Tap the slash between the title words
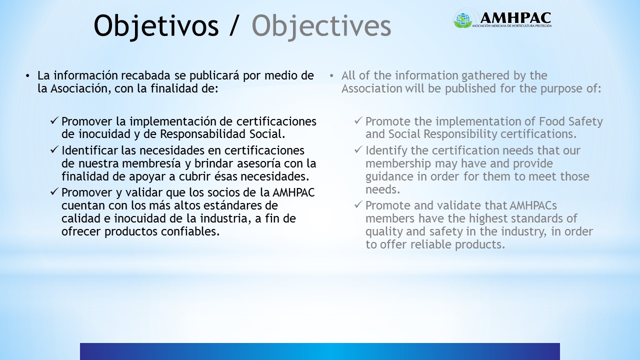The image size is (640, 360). [x=233, y=26]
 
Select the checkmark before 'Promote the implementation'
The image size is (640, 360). [x=358, y=121]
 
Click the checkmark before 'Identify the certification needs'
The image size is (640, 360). [x=358, y=150]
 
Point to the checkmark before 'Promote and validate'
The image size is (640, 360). [x=358, y=205]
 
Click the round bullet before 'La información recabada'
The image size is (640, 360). [x=27, y=76]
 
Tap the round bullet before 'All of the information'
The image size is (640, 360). [x=331, y=76]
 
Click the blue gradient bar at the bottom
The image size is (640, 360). [x=320, y=351]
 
